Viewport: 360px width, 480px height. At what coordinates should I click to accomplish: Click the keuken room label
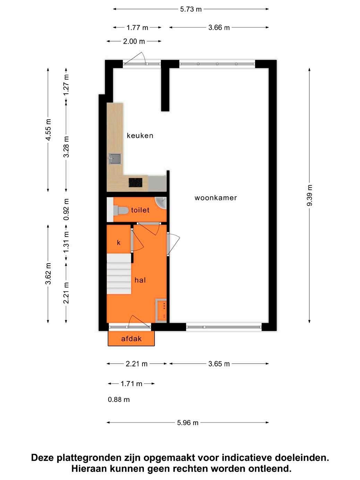(140, 136)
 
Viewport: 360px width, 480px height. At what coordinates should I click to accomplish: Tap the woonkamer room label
(216, 198)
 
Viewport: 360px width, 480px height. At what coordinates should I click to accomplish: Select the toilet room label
(140, 210)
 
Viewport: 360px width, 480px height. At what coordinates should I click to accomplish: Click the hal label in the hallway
(140, 280)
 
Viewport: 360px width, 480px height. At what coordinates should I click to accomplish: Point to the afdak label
(131, 339)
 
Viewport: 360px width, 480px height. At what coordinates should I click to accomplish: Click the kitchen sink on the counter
(115, 159)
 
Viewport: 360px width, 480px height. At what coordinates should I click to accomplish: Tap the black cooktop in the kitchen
(135, 182)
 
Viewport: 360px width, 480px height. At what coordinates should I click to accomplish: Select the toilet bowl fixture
(121, 211)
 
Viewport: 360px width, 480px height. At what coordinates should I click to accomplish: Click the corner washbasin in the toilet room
(161, 202)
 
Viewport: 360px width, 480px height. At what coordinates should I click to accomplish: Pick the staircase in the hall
(119, 274)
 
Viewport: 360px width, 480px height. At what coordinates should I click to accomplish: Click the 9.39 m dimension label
(309, 195)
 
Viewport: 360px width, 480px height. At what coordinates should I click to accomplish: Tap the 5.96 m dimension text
(188, 423)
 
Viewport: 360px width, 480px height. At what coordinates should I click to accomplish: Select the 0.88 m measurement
(119, 400)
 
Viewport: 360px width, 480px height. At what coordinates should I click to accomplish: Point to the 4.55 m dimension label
(48, 130)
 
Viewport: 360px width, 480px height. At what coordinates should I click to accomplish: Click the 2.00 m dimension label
(134, 41)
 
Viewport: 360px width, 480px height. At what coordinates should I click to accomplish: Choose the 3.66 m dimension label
(219, 27)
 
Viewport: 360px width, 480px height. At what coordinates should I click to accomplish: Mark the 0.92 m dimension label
(66, 209)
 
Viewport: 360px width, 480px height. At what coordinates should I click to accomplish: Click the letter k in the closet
(119, 242)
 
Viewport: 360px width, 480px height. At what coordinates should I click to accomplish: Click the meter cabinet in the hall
(161, 310)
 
